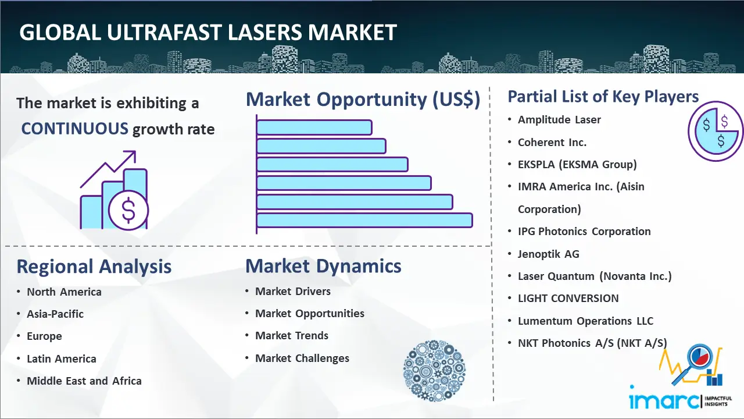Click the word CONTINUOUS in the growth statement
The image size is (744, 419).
pyautogui.click(x=75, y=129)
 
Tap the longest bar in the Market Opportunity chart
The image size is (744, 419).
pyautogui.click(x=364, y=221)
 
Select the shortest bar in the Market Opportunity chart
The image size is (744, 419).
pyautogui.click(x=314, y=127)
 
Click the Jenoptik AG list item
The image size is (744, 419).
pyautogui.click(x=548, y=254)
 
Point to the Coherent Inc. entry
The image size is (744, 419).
pyautogui.click(x=552, y=143)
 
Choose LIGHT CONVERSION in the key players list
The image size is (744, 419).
pyautogui.click(x=568, y=299)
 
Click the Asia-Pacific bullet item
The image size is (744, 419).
pyautogui.click(x=55, y=314)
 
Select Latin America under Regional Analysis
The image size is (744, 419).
pyautogui.click(x=62, y=359)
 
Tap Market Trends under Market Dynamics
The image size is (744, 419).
pyautogui.click(x=292, y=336)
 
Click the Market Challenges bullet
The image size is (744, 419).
pyautogui.click(x=302, y=358)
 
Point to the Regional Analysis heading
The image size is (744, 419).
pyautogui.click(x=94, y=267)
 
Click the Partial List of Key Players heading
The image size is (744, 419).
pyautogui.click(x=603, y=97)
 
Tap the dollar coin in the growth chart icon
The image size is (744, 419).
pyautogui.click(x=128, y=211)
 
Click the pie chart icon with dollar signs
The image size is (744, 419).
pyautogui.click(x=716, y=132)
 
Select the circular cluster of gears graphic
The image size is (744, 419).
pyautogui.click(x=434, y=371)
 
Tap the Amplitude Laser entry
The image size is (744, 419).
pyautogui.click(x=559, y=120)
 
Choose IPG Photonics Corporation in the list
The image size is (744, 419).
pyautogui.click(x=584, y=232)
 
